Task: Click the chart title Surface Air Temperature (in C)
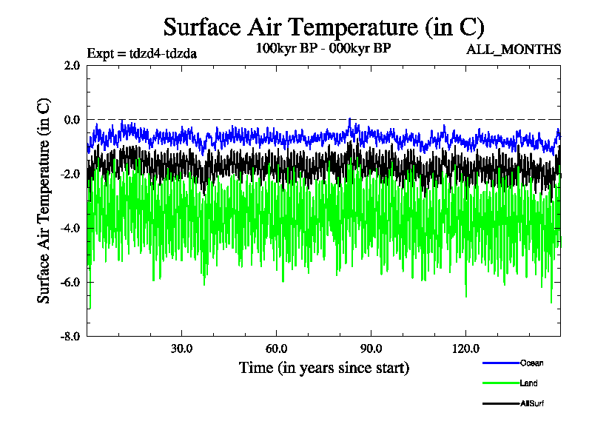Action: pos(323,27)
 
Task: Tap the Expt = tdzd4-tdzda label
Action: pos(141,53)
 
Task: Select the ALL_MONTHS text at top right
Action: pos(514,50)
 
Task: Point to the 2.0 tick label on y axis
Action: pos(72,65)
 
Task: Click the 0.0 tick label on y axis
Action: pos(72,119)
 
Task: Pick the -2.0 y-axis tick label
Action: pos(70,173)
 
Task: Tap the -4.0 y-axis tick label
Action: pos(70,228)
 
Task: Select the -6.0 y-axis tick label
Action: pos(70,282)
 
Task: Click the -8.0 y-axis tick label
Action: pos(70,336)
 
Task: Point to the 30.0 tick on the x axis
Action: pos(182,349)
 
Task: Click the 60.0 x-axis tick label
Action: pos(276,349)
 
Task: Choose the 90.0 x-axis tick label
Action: pos(371,349)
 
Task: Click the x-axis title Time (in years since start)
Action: pos(323,368)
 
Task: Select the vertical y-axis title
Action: pos(44,201)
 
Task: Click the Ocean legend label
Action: pos(532,363)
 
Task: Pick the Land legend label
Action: pos(529,383)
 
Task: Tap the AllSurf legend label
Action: pos(533,404)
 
